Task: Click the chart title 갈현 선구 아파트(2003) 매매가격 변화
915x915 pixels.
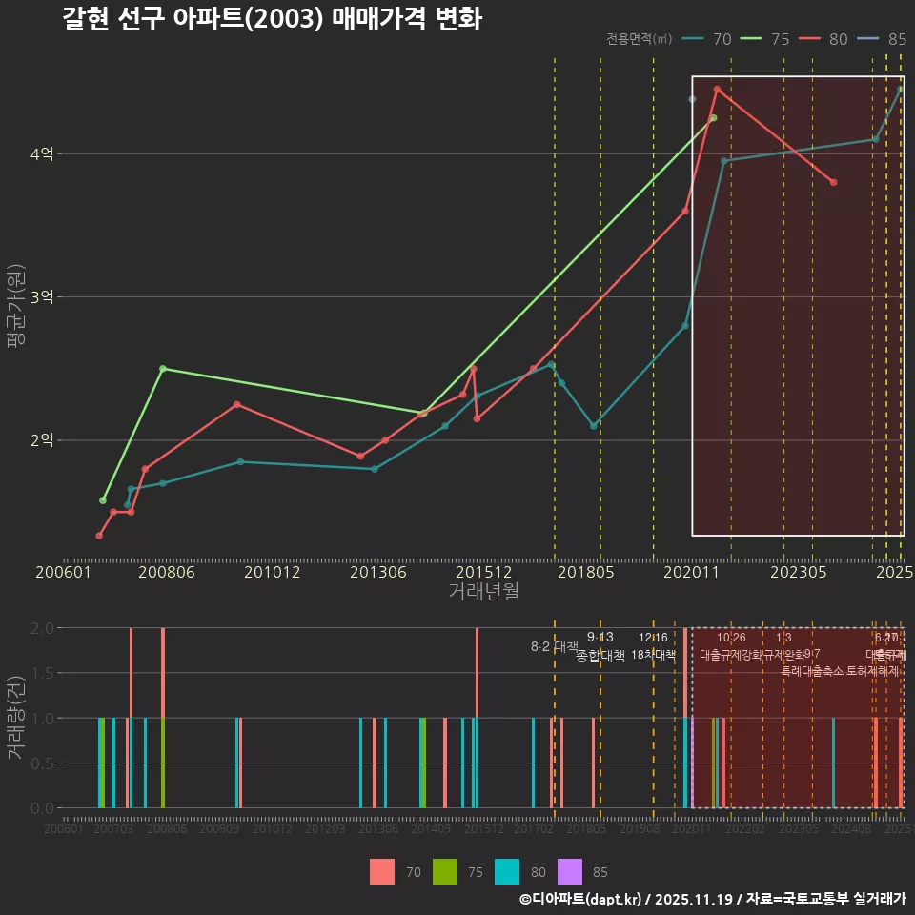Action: click(272, 19)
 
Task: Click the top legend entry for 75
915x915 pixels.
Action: click(768, 39)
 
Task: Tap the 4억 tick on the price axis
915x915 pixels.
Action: click(42, 154)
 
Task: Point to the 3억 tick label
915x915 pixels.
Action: click(42, 297)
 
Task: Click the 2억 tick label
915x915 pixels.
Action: click(42, 440)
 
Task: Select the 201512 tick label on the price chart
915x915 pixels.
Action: click(478, 573)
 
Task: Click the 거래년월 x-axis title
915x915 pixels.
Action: click(483, 592)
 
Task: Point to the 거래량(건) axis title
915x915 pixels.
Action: click(15, 718)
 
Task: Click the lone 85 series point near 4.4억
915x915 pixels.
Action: click(692, 99)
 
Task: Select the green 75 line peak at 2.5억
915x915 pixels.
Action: click(162, 369)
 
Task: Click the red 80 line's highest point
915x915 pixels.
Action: click(717, 90)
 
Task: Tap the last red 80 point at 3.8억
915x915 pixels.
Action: click(833, 182)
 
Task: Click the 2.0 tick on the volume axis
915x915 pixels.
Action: click(42, 628)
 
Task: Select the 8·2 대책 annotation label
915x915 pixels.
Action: click(554, 646)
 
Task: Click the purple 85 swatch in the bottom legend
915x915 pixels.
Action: click(569, 871)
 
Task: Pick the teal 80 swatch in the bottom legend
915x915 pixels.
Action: click(508, 871)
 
